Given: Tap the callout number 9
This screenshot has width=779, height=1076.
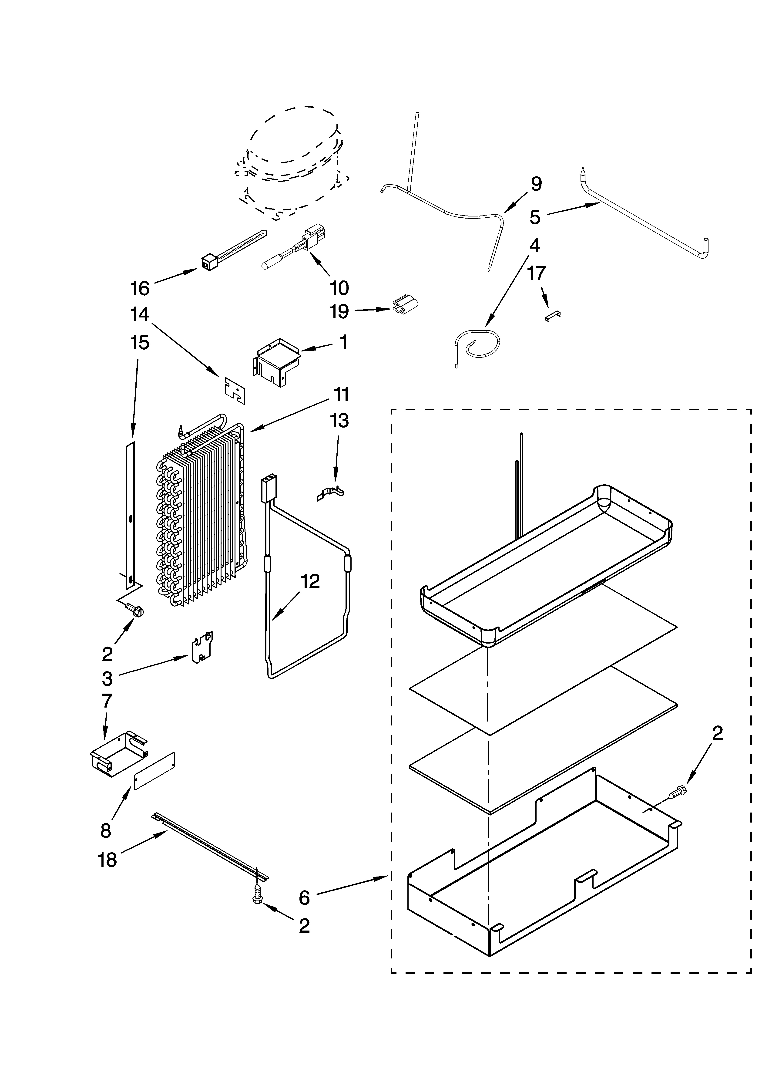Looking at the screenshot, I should tap(536, 184).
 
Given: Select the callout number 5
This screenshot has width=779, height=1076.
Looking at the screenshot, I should tap(535, 217).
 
